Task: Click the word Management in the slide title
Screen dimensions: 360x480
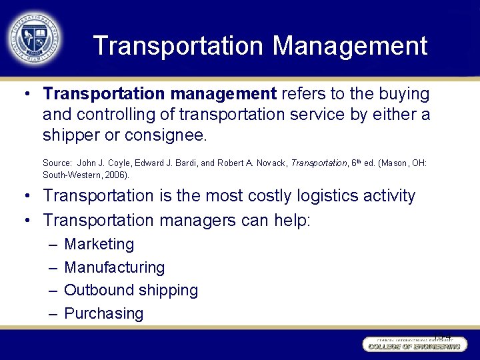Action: (349, 46)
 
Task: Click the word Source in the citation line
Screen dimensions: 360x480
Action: (57, 163)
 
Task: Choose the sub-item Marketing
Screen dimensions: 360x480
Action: (99, 245)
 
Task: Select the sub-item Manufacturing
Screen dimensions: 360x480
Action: (114, 268)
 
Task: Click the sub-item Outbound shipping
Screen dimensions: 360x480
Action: (131, 291)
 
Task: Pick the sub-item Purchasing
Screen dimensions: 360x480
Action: (103, 313)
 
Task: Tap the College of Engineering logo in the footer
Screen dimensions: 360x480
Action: (413, 344)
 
